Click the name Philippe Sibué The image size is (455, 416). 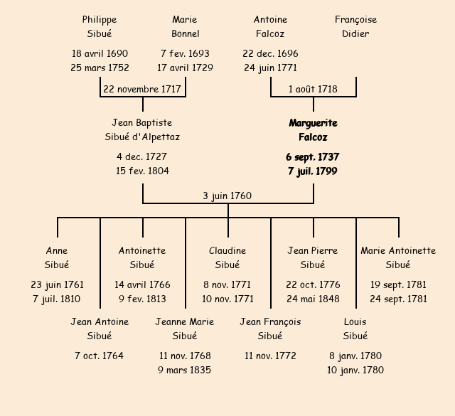[100, 26]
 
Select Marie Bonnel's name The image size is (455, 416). [185, 26]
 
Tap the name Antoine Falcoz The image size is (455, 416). [270, 26]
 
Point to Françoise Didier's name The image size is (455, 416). [355, 26]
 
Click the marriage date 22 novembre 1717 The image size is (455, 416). [142, 90]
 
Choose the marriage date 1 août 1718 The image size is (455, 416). [313, 90]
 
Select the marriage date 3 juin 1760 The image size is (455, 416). [227, 196]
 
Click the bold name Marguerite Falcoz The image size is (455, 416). [313, 130]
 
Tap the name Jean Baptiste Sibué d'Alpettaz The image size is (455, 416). [142, 130]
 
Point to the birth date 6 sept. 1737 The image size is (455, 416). [313, 157]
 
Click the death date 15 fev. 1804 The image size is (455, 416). [142, 171]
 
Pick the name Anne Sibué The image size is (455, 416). [57, 257]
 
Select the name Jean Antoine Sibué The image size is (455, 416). [100, 329]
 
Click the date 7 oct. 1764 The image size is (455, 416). [100, 356]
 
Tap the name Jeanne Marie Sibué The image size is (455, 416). [185, 329]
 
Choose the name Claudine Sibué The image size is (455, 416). [227, 257]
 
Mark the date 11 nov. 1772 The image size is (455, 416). [270, 356]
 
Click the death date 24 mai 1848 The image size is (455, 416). [313, 299]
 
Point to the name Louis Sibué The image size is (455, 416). [355, 329]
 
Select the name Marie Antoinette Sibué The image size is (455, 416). [398, 257]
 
